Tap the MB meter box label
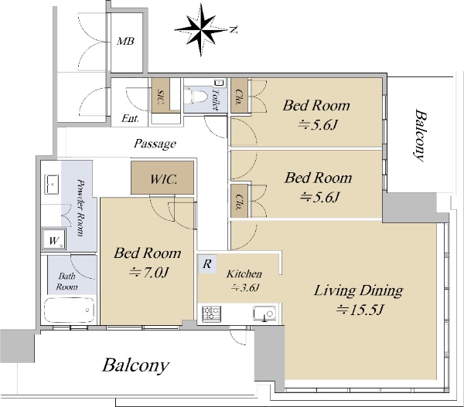coord(125,41)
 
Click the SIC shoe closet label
coord(161,97)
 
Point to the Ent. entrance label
coord(130,118)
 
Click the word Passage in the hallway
coord(155,144)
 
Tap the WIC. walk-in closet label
coord(164,179)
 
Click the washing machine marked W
coord(54,239)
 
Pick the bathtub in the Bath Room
coord(70,310)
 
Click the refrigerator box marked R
coord(206,263)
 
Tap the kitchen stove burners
coord(211,314)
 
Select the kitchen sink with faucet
coord(264,314)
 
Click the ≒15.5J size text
coord(360,310)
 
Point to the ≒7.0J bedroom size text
coord(148,272)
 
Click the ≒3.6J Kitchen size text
coord(245,287)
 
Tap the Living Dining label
coord(358,290)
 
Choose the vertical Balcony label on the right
coord(420,135)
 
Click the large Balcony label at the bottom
coord(135,365)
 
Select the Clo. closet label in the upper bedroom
coord(238,97)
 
